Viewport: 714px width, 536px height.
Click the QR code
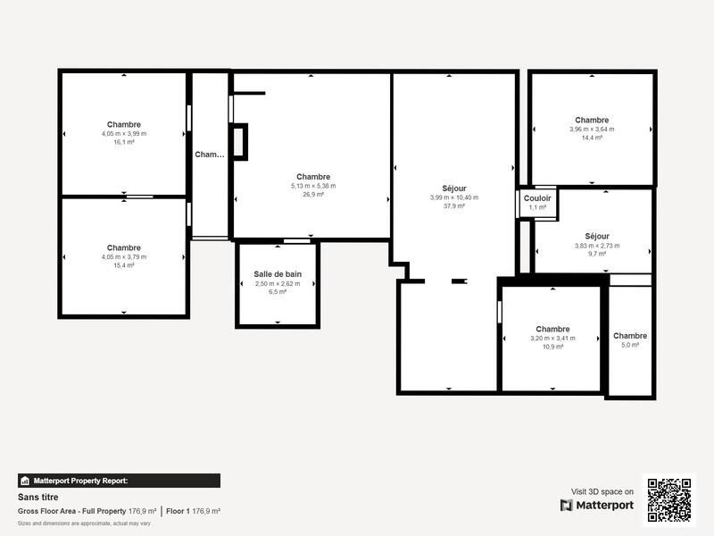click(x=668, y=499)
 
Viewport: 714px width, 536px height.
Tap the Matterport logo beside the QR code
click(x=597, y=506)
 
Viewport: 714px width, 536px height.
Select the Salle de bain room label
click(x=278, y=273)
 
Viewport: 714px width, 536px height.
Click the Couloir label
click(x=537, y=197)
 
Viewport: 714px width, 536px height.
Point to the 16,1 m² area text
click(x=124, y=142)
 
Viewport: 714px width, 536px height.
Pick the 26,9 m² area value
click(x=313, y=194)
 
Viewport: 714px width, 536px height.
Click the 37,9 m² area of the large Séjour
click(x=454, y=205)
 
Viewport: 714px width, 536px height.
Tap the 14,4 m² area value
click(x=592, y=138)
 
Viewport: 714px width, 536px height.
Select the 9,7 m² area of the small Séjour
click(x=597, y=254)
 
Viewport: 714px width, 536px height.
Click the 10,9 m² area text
click(x=553, y=347)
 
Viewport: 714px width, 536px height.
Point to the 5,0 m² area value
click(x=630, y=345)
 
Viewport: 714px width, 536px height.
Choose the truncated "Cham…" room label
click(x=210, y=155)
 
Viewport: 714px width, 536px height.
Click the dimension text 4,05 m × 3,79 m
click(x=124, y=256)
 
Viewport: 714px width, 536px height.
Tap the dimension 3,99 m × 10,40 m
click(x=454, y=197)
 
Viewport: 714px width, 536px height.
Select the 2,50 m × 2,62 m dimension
click(x=278, y=283)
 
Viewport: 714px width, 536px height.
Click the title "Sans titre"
click(x=37, y=498)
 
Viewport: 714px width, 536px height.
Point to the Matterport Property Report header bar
click(x=119, y=481)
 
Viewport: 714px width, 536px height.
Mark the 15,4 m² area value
click(x=124, y=265)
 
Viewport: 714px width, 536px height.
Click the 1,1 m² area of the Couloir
click(x=537, y=207)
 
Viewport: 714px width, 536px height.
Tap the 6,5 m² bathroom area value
click(x=278, y=292)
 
